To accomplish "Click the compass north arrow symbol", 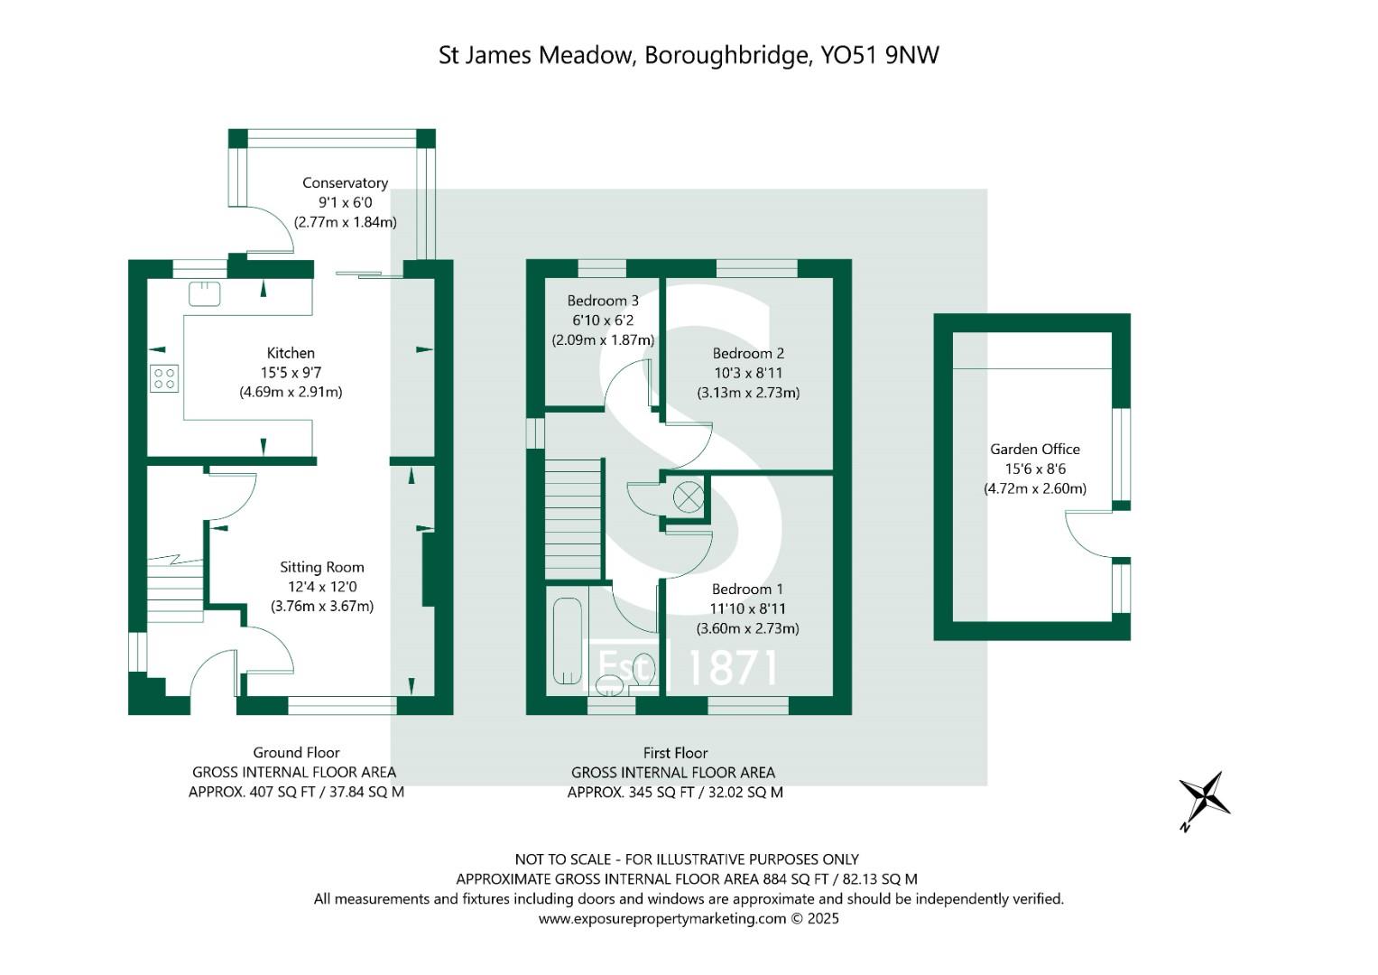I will click(1205, 798).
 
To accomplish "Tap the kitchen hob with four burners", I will click(164, 377).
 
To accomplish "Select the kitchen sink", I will click(205, 293).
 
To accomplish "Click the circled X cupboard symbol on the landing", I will click(689, 497).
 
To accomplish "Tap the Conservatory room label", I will click(345, 182).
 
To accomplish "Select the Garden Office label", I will click(1034, 449).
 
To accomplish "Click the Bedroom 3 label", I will click(602, 301).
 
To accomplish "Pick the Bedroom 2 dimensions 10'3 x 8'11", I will click(747, 373).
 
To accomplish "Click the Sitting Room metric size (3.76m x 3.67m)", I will click(322, 607).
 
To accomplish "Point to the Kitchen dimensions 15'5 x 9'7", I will click(291, 372).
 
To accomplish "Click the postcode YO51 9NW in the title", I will click(879, 55).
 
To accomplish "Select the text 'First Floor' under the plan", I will click(675, 752).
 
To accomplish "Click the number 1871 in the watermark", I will click(732, 668).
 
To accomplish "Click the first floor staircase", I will click(572, 518).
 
